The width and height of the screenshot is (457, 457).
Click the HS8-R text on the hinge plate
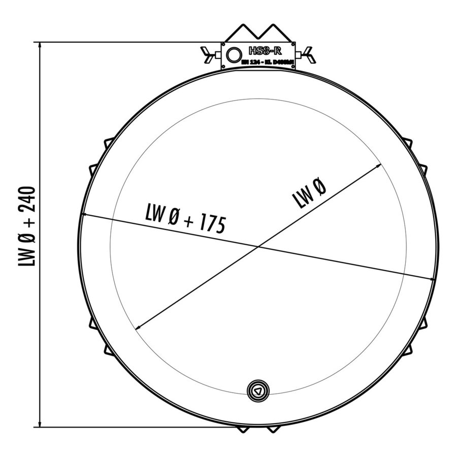pyautogui.click(x=265, y=51)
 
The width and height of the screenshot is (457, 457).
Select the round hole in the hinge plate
pyautogui.click(x=235, y=54)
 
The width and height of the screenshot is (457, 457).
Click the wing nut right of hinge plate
pyautogui.click(x=309, y=54)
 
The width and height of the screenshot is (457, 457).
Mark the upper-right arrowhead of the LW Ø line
pyautogui.click(x=378, y=166)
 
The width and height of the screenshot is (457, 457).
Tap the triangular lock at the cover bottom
pyautogui.click(x=258, y=391)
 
